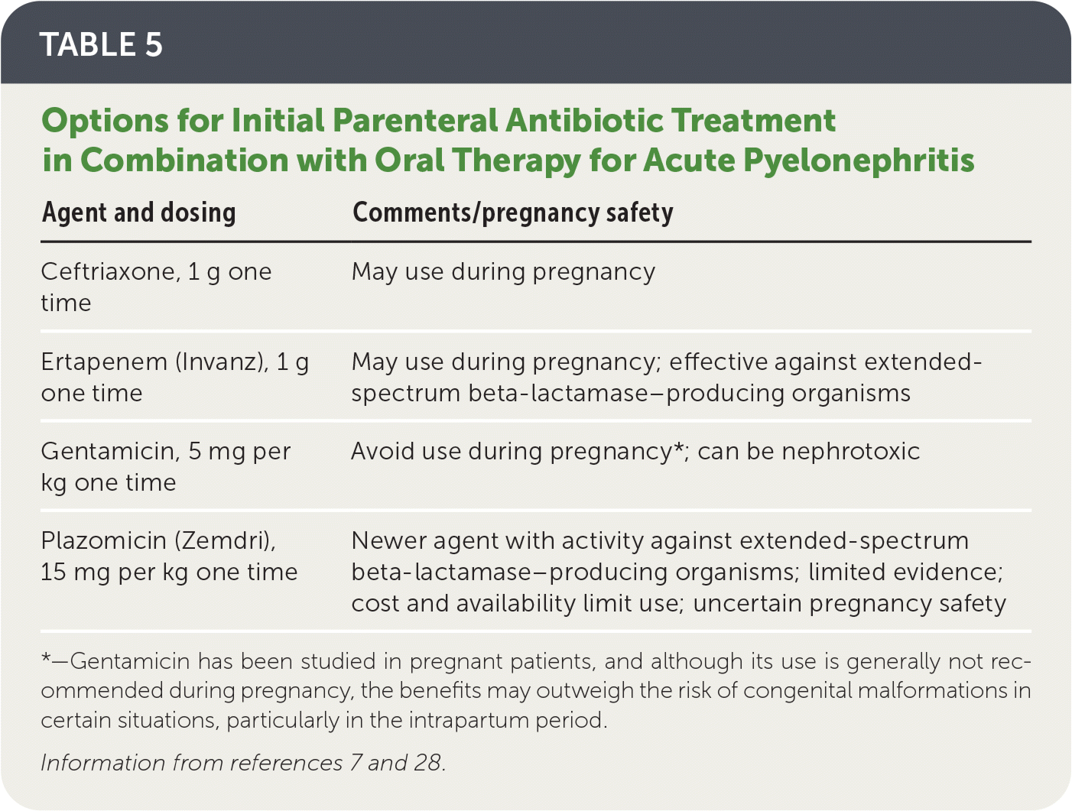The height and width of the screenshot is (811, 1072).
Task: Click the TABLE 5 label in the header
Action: point(101,44)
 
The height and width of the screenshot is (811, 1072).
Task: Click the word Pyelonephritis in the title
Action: point(859,161)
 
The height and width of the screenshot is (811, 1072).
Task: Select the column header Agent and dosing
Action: point(138,213)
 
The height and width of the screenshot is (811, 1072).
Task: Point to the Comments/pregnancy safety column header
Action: point(513,213)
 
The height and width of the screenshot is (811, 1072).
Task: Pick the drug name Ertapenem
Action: point(104,362)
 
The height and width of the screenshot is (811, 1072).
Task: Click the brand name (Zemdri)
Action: point(225,540)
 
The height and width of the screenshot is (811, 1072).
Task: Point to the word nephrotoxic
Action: point(851,452)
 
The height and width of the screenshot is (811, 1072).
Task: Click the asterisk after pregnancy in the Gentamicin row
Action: point(678,446)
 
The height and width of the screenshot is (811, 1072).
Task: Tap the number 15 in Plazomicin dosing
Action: point(53,573)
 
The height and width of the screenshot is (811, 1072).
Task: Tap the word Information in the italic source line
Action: point(103,763)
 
